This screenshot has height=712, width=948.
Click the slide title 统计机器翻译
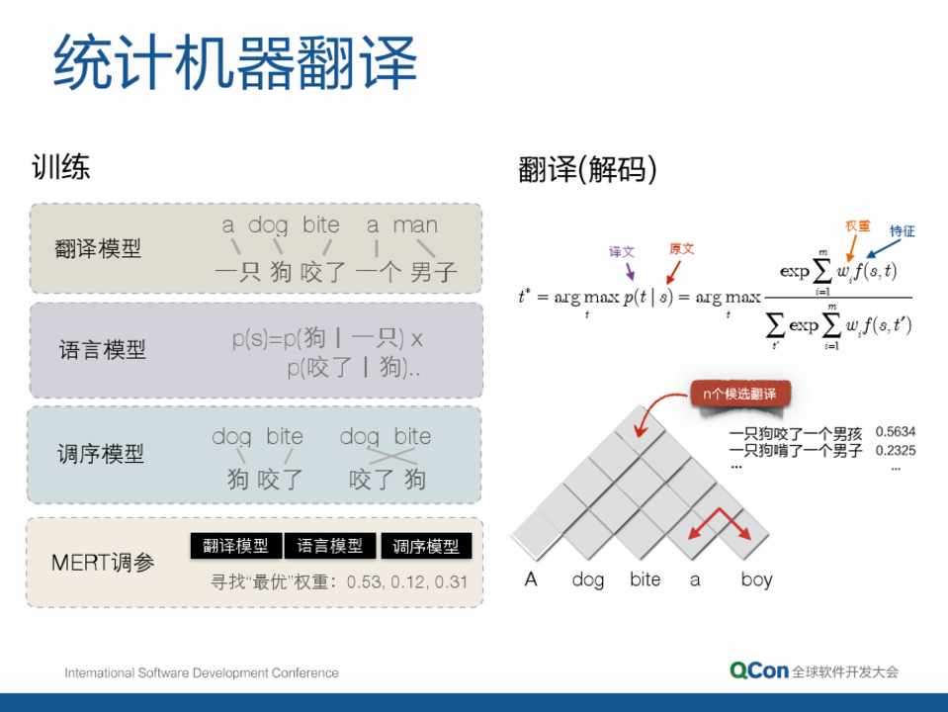click(235, 61)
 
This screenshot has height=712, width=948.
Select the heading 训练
click(60, 167)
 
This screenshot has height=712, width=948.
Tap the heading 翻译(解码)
click(587, 169)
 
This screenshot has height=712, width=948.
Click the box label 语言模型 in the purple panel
click(102, 350)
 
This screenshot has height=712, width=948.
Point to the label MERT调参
click(103, 563)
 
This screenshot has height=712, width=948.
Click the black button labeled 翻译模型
click(236, 546)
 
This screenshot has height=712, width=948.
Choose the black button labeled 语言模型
click(329, 546)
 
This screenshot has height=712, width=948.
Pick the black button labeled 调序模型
click(426, 546)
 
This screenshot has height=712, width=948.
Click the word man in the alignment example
click(415, 225)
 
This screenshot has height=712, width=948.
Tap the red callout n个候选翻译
click(739, 395)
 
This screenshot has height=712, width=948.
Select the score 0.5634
click(896, 432)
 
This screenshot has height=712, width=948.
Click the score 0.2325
click(896, 451)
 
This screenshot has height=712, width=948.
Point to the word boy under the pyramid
click(756, 579)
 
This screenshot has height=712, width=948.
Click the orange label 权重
click(857, 225)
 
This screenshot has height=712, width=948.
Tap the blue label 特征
click(903, 230)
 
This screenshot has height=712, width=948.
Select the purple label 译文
click(622, 251)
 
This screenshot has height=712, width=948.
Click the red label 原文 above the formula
click(682, 248)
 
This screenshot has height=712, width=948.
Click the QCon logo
click(759, 670)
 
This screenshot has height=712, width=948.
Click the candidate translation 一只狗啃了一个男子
click(796, 451)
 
